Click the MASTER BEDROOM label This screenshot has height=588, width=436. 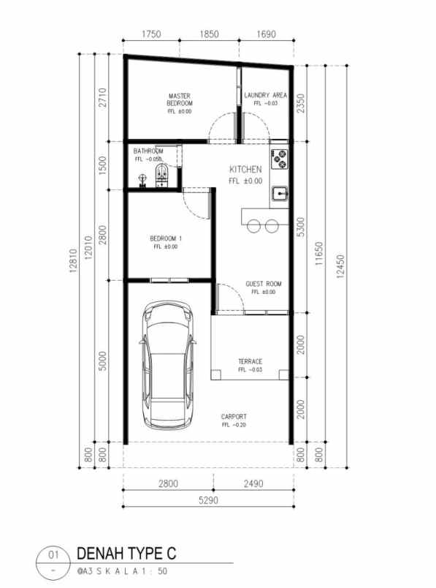point(180,99)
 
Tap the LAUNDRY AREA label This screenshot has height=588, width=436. point(265,96)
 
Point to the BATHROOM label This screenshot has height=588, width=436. point(148,151)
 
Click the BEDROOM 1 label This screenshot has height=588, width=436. point(166,239)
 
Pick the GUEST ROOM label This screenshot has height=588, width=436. point(264,284)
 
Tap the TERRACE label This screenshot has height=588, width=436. point(250,362)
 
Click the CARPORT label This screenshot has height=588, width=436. point(234,417)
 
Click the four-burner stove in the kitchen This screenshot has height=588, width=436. point(280,156)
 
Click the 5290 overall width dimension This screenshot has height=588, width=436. point(207,500)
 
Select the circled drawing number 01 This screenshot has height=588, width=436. point(53,554)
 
